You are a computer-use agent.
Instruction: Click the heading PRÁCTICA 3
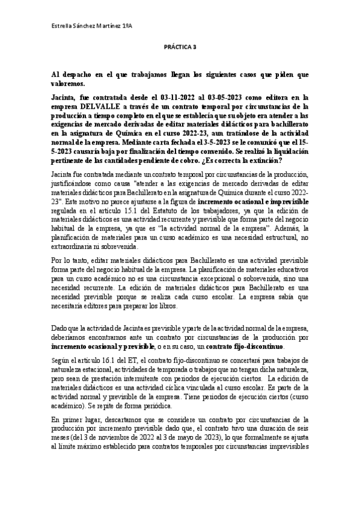tap(180, 52)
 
